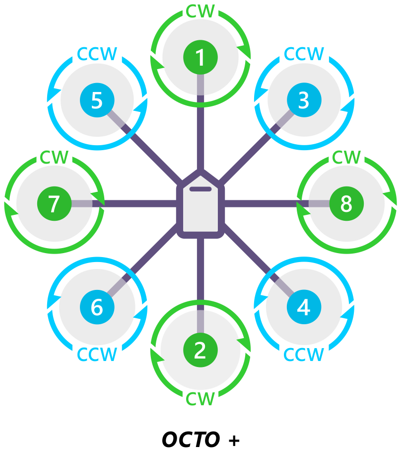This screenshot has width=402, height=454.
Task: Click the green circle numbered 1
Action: pyautogui.click(x=200, y=58)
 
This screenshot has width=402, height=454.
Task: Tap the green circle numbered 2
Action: pyautogui.click(x=200, y=350)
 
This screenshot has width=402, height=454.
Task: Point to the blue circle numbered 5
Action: pyautogui.click(x=97, y=100)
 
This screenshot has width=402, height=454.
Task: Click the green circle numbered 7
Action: pyautogui.click(x=54, y=203)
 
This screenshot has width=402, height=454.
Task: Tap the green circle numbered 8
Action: pyautogui.click(x=346, y=203)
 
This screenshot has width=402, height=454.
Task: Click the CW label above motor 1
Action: pyautogui.click(x=200, y=11)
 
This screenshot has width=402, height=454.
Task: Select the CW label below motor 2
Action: pyautogui.click(x=200, y=398)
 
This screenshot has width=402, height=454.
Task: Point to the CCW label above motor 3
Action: pyautogui.click(x=304, y=54)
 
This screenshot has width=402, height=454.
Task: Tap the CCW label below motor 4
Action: pyautogui.click(x=304, y=355)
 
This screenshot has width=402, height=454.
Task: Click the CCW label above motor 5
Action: pyautogui.click(x=97, y=54)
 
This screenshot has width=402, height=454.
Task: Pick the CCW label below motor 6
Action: pyautogui.click(x=97, y=355)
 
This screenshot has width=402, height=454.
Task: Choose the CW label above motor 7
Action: pyautogui.click(x=54, y=158)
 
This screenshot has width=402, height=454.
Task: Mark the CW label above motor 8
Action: pyautogui.click(x=346, y=158)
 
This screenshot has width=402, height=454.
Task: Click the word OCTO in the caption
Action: pyautogui.click(x=191, y=440)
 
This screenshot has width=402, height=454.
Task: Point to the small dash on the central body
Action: pyautogui.click(x=201, y=189)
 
